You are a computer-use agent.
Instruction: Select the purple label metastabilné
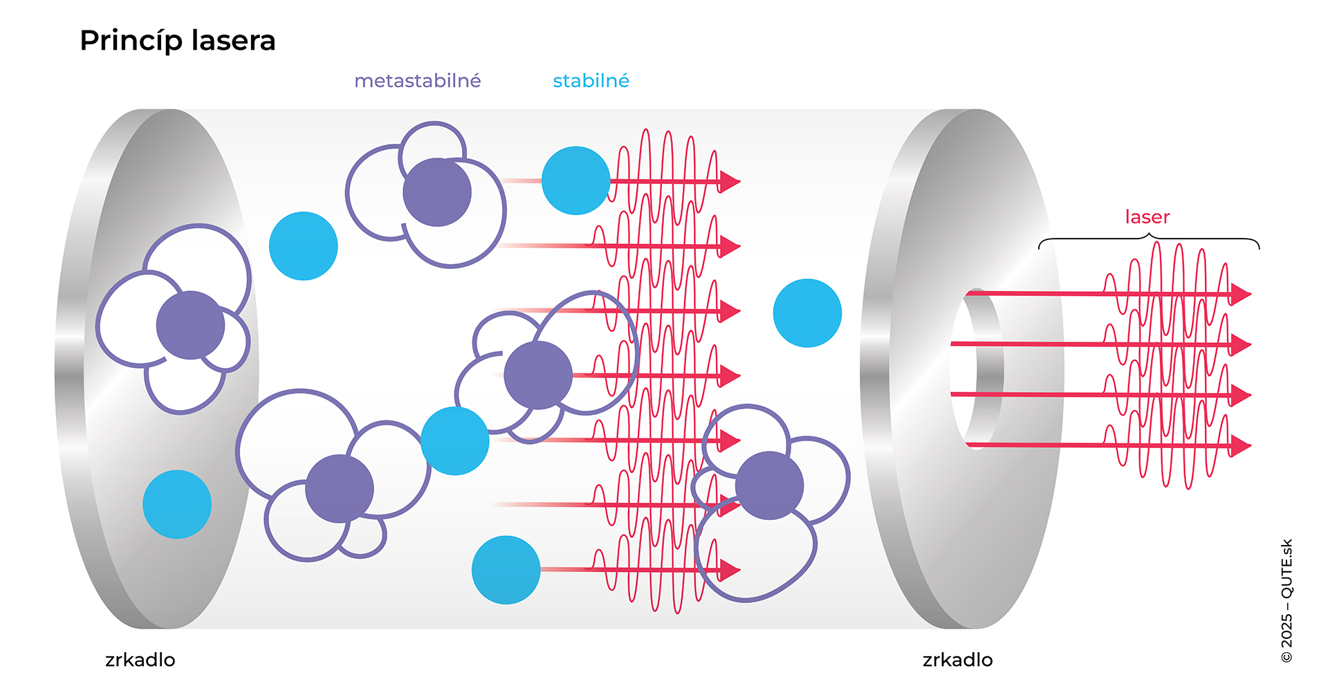click(x=417, y=81)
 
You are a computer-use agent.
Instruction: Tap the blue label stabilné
click(x=591, y=81)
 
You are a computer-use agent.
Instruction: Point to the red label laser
click(x=1147, y=217)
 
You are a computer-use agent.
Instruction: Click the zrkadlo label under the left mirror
click(x=140, y=660)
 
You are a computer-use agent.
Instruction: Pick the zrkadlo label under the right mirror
click(x=957, y=660)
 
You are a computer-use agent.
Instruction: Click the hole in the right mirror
click(x=975, y=369)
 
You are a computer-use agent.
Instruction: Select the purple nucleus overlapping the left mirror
click(x=190, y=325)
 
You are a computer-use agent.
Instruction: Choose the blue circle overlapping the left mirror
click(x=177, y=504)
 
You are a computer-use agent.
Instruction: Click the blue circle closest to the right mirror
click(x=807, y=313)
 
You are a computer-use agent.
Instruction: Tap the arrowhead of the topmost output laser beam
click(x=1242, y=294)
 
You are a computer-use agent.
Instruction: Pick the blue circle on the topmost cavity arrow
click(x=575, y=180)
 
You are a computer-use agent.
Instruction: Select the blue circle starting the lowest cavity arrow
click(x=506, y=570)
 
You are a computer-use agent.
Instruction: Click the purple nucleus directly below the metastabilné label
click(x=437, y=192)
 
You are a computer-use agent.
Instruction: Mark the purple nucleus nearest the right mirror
click(x=769, y=485)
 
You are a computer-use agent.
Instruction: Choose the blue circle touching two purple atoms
click(x=454, y=441)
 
